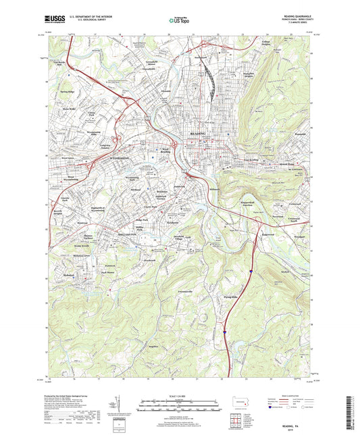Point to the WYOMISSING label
124,155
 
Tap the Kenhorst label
172,222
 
